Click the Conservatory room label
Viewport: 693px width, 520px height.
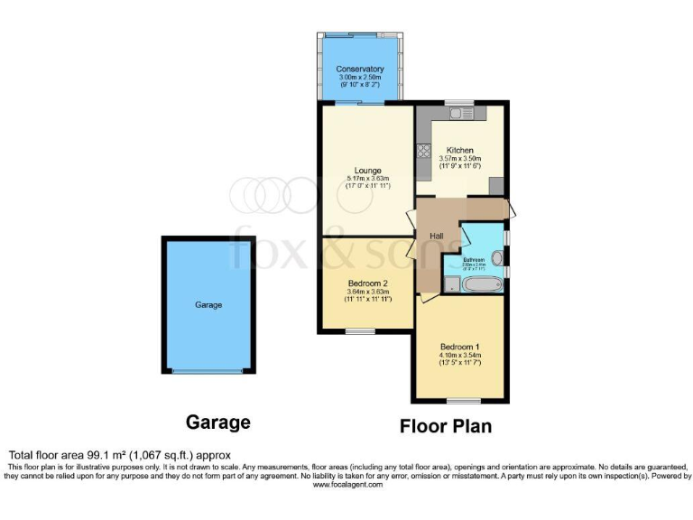tap(360, 70)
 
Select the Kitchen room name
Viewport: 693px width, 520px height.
tap(460, 150)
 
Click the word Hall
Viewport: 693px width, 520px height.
tap(436, 236)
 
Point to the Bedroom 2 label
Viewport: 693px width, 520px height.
tap(367, 283)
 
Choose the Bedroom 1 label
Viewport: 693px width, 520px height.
tap(460, 347)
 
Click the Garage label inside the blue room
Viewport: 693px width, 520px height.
tap(208, 305)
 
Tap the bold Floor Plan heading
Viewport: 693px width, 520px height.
tap(446, 425)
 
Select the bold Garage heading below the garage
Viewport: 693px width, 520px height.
tap(217, 422)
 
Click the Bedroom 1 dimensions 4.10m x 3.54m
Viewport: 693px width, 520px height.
tap(460, 356)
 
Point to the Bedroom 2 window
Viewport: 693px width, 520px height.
tap(360, 331)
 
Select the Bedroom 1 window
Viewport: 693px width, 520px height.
tap(459, 400)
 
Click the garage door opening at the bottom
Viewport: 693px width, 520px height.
tap(208, 371)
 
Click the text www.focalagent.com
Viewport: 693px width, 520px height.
tap(347, 485)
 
